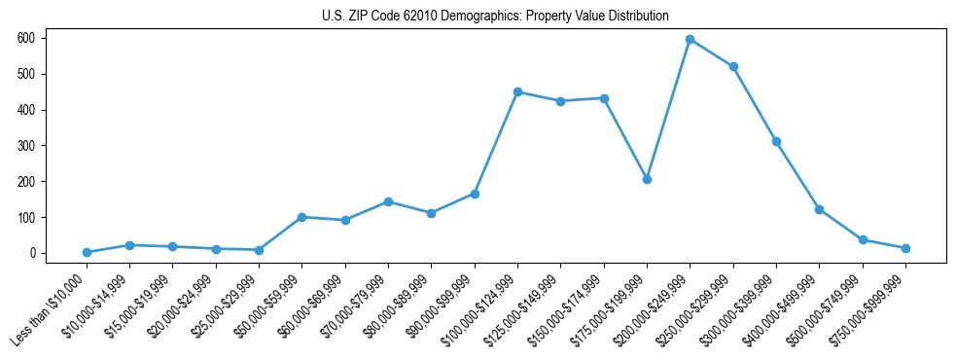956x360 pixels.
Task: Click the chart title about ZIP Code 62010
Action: click(495, 16)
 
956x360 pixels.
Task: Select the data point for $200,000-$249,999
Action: click(690, 39)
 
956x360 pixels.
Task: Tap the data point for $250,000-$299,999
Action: click(733, 67)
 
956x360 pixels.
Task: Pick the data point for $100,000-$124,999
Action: click(517, 91)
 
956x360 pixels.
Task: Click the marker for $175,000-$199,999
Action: click(647, 179)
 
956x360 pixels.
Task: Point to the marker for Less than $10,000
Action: click(87, 252)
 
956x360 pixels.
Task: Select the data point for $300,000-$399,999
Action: click(776, 141)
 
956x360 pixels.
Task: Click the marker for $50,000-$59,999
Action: click(302, 217)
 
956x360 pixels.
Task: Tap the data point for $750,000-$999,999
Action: click(905, 248)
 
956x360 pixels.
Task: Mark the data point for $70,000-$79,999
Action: click(388, 201)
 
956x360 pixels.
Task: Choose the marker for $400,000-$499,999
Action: click(819, 209)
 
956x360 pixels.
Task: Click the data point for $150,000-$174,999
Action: click(604, 98)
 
